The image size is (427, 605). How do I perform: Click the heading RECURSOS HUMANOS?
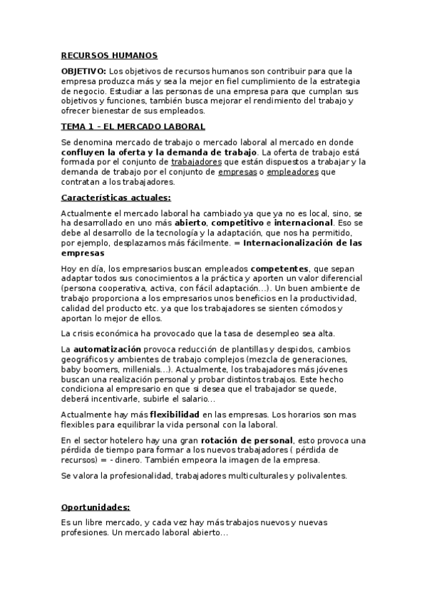(x=109, y=55)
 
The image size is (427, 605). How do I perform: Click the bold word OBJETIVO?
(x=83, y=71)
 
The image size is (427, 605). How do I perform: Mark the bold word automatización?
(x=106, y=348)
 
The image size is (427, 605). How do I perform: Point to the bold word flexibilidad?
(x=175, y=414)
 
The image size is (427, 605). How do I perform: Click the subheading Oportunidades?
(x=96, y=507)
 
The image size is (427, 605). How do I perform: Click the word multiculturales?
(x=268, y=475)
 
